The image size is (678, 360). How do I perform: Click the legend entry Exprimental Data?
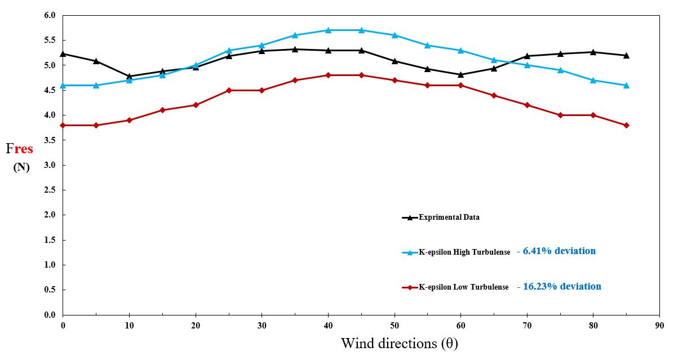(449, 217)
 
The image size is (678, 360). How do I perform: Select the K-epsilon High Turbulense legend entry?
(464, 252)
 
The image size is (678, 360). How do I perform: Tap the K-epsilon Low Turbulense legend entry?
(463, 287)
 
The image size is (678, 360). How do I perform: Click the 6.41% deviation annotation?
(559, 251)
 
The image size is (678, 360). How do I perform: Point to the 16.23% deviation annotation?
(562, 287)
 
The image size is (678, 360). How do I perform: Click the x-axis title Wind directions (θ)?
(399, 343)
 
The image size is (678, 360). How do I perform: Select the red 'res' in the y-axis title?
(24, 149)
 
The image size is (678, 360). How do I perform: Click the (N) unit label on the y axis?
(21, 167)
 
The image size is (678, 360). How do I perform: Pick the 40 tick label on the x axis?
(328, 326)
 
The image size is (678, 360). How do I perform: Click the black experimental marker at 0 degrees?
(63, 54)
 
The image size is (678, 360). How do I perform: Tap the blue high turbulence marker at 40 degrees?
(328, 30)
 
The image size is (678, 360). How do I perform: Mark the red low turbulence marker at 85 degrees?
(626, 125)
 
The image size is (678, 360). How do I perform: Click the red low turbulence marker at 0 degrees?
(63, 125)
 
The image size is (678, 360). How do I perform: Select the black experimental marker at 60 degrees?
(460, 74)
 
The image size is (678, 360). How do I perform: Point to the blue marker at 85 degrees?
(626, 85)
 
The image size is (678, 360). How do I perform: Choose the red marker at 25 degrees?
(229, 90)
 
